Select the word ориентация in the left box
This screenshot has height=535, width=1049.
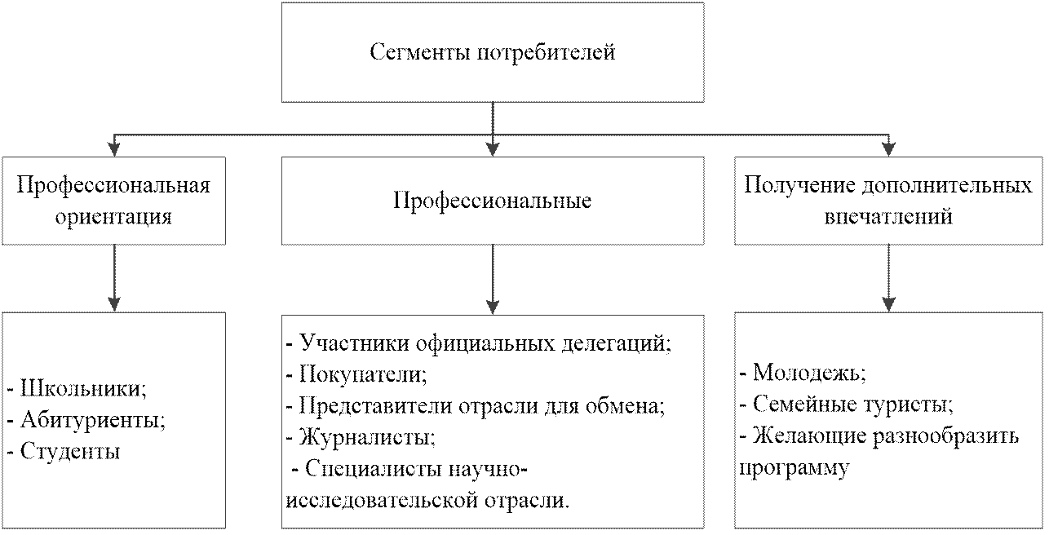[x=113, y=218]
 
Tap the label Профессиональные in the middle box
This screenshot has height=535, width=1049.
[x=493, y=201]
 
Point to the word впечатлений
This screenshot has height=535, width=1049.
[x=888, y=218]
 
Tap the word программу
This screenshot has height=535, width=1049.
[x=794, y=467]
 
